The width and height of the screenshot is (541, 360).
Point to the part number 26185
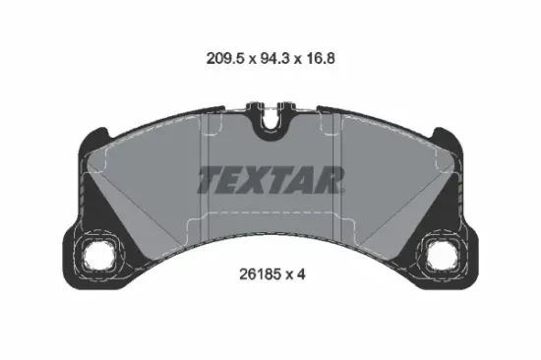[x=262, y=274]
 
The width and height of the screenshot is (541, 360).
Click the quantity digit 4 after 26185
[x=301, y=274]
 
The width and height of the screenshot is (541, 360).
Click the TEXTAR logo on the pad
[x=270, y=180]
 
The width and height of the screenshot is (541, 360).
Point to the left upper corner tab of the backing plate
[x=95, y=137]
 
